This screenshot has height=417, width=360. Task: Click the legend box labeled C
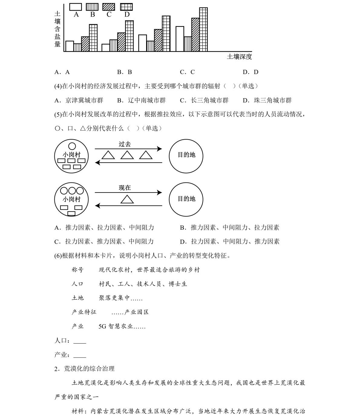[x=109, y=7]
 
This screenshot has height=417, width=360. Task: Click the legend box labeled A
[x=76, y=7]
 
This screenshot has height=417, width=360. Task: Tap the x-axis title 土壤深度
[x=239, y=57]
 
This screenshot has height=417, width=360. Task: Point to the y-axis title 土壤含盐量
[x=57, y=29]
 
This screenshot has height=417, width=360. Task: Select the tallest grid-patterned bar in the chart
[x=203, y=29]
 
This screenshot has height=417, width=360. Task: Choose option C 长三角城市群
[x=204, y=100]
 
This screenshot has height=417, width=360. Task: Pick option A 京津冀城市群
[x=79, y=100]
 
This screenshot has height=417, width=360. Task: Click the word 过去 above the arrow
[x=125, y=144]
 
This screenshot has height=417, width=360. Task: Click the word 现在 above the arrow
[x=125, y=188]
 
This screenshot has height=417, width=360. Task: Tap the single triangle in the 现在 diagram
[x=127, y=199]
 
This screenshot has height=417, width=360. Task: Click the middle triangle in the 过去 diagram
[x=127, y=155]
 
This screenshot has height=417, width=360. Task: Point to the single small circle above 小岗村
[x=72, y=146]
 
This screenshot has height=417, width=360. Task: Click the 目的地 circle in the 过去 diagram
[x=186, y=156]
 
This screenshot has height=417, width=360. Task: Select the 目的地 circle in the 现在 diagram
[x=186, y=199]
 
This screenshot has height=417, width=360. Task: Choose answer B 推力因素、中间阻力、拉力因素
[x=230, y=228]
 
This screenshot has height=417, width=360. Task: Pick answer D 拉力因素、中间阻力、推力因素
[x=230, y=241]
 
